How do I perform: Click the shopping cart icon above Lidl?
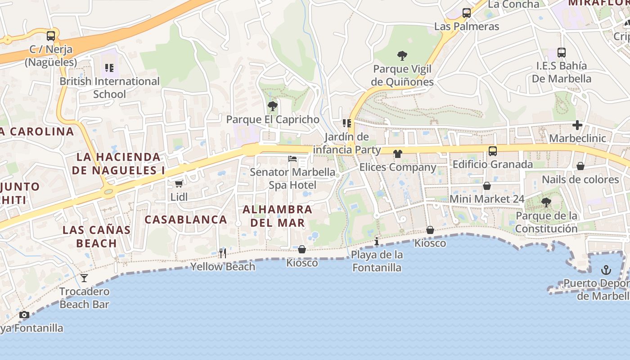coord(179,184)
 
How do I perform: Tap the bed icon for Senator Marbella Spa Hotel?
coord(292,159)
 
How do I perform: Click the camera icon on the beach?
coord(24,315)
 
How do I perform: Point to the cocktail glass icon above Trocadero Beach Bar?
coord(84,278)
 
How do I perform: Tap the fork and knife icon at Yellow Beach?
coord(222,253)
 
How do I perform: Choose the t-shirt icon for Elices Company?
coord(397,154)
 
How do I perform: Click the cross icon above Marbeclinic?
coord(577,125)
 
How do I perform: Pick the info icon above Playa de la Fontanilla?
coord(377,241)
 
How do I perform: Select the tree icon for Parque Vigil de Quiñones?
coord(402,56)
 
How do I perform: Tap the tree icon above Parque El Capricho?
coord(272,106)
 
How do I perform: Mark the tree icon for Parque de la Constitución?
coord(546,202)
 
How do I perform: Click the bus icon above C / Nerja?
coord(51,36)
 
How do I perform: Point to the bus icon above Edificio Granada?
coord(493,151)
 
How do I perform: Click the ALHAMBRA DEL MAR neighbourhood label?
coord(277,216)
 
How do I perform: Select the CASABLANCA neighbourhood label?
coord(186,220)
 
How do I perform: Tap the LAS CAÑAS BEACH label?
coord(97,237)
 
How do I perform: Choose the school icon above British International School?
coord(109,68)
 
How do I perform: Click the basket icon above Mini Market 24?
coord(486,186)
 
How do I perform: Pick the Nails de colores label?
coord(580,180)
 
